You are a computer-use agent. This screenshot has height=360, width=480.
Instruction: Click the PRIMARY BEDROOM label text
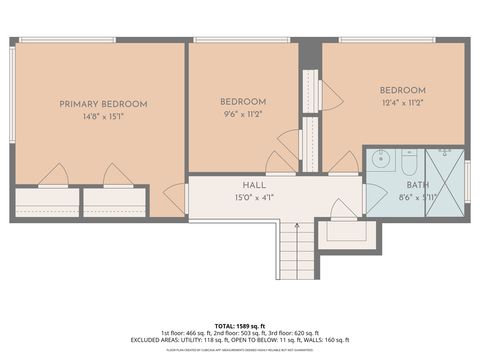tap(103, 104)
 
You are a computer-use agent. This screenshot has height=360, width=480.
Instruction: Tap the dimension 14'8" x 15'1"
tap(103, 116)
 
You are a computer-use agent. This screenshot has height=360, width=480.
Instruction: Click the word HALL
tap(253, 186)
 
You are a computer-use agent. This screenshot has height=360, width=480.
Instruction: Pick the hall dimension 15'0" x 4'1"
tap(253, 198)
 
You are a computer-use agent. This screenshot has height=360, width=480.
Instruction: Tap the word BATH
tap(417, 186)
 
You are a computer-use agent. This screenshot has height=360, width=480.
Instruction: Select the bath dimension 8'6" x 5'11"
tap(417, 198)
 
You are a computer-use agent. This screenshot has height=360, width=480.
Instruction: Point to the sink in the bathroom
tap(380, 159)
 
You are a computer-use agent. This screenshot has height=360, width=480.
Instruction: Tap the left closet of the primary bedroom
tap(46, 202)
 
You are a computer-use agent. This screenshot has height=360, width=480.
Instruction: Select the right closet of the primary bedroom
tap(114, 202)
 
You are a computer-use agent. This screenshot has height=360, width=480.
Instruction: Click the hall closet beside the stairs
tap(347, 231)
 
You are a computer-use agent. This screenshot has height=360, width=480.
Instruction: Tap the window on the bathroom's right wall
tap(467, 180)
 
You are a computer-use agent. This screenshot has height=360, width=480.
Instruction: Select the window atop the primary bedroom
tap(66, 40)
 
